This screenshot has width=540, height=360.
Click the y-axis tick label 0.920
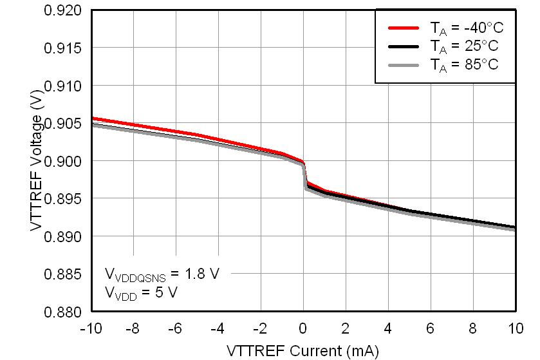pos(62,10)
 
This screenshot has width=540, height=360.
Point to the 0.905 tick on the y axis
pos(62,123)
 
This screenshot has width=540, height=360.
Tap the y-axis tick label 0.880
pos(62,312)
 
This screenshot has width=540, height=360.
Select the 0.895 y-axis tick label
pos(62,199)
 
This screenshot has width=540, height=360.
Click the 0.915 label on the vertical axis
pos(62,48)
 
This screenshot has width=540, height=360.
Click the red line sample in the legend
pos(404,28)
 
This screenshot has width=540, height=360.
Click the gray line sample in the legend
pos(404,64)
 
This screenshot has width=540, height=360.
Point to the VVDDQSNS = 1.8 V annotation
pos(162,274)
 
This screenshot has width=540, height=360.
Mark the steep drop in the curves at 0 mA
pos(305,175)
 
